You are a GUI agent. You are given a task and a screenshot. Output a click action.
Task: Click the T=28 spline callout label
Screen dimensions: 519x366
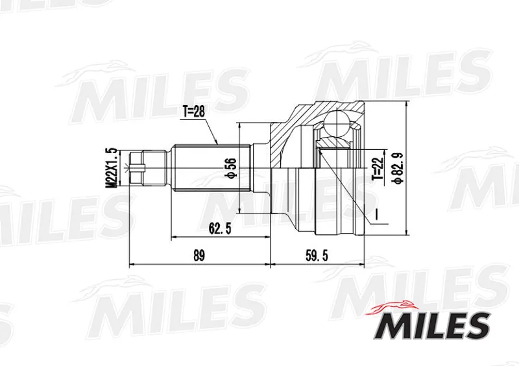pyautogui.click(x=193, y=112)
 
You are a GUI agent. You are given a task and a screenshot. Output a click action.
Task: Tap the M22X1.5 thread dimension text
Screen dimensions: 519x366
pyautogui.click(x=112, y=168)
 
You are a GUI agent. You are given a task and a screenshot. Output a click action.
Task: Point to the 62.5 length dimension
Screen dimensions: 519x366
pyautogui.click(x=219, y=228)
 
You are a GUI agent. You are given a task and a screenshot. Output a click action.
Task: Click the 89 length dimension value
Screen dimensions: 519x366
pyautogui.click(x=199, y=256)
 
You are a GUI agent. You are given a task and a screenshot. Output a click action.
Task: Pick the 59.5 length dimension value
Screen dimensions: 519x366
pyautogui.click(x=317, y=256)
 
